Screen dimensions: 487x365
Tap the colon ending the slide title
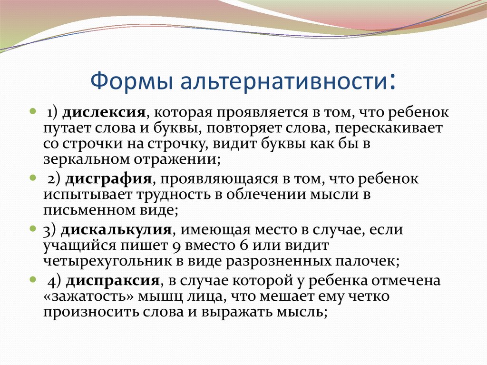[x=392, y=81]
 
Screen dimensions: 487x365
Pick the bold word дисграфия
[x=108, y=179]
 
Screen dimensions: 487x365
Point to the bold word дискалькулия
[x=116, y=230]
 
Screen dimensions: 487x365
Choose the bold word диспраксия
[x=113, y=281]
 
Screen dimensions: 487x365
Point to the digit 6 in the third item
[x=244, y=245]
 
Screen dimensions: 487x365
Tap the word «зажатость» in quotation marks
[x=88, y=296]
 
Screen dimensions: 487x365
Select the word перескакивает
[x=389, y=128]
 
